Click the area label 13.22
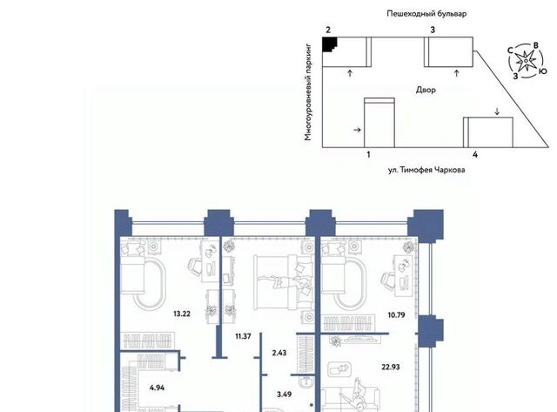182,314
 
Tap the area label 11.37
243,336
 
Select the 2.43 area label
279,353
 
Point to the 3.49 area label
285,395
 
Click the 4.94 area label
157,388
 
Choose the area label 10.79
397,315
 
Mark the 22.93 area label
391,367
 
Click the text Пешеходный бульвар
426,14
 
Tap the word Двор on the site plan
426,90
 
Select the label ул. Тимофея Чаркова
426,170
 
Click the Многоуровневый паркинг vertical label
308,92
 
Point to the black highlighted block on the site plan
328,44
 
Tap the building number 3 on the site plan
433,30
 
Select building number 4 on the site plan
475,155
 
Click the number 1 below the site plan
369,155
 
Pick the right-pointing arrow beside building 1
358,130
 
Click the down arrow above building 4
497,111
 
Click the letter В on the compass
536,45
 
